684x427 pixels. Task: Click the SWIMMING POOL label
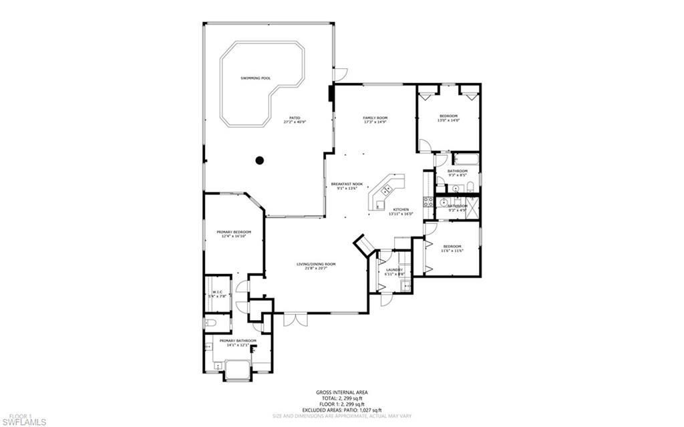click(256, 78)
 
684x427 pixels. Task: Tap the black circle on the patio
click(259, 160)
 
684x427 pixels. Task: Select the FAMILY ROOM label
click(375, 118)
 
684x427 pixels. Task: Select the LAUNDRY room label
click(394, 269)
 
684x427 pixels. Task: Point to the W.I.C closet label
click(218, 292)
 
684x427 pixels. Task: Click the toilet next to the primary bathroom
click(211, 323)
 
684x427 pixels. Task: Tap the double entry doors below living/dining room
click(291, 319)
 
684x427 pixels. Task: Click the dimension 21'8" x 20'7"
click(316, 269)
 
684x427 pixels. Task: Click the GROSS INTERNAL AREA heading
click(341, 392)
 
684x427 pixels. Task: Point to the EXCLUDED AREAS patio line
click(341, 410)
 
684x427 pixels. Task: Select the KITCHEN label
click(401, 209)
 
